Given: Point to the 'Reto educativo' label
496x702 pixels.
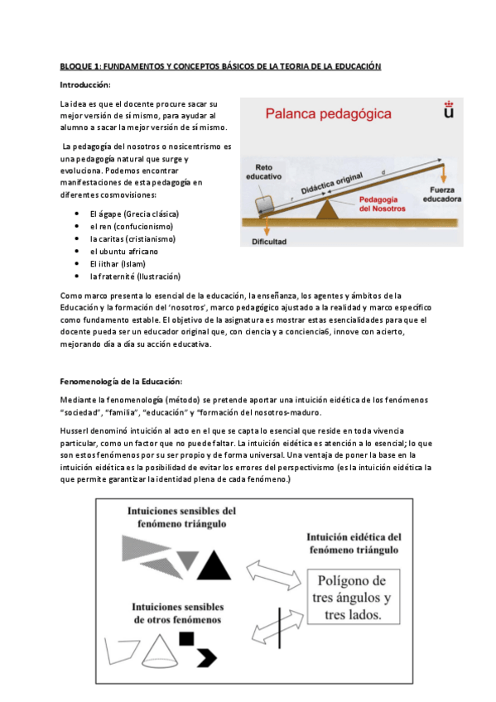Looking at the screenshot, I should click(x=265, y=171).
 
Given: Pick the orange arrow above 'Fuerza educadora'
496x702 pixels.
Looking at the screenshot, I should click(x=444, y=172).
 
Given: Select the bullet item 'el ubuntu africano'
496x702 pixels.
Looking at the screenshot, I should click(x=125, y=251).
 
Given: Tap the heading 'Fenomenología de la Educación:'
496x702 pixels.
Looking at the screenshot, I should click(x=121, y=381).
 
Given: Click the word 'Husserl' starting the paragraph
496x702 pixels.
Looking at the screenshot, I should click(x=77, y=431).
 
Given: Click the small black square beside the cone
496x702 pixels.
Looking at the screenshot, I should click(x=187, y=638).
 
